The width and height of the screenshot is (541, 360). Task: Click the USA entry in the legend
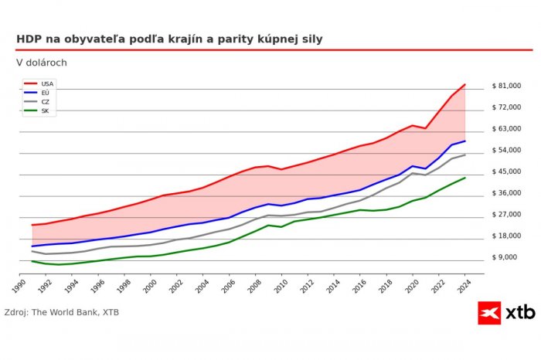coord(46,83)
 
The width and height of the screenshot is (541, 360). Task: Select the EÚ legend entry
coord(45,93)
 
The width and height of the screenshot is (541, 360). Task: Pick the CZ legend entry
coord(45,102)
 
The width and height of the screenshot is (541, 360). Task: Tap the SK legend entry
coord(45,111)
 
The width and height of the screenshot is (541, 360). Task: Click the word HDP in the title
coord(29,39)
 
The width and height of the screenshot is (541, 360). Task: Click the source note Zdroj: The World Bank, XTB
coord(62,312)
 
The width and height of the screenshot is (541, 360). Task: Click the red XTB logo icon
coord(489,313)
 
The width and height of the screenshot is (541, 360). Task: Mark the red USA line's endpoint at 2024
coord(465,84)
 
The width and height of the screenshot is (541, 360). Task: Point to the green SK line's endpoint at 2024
coord(465,178)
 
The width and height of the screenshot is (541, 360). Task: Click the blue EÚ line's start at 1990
coord(32,246)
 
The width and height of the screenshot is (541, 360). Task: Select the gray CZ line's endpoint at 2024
coord(465,155)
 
